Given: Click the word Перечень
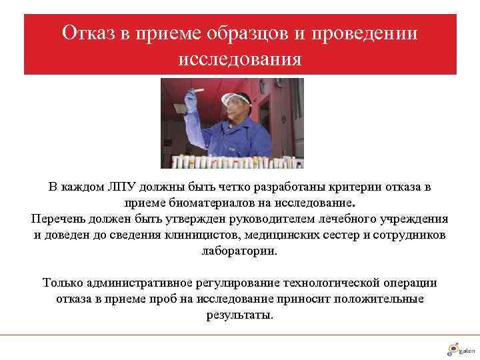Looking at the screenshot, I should click(x=59, y=219).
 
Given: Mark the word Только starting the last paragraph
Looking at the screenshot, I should click(x=63, y=283).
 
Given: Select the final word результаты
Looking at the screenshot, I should click(x=240, y=315).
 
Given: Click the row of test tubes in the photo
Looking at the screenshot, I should click(x=233, y=161).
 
